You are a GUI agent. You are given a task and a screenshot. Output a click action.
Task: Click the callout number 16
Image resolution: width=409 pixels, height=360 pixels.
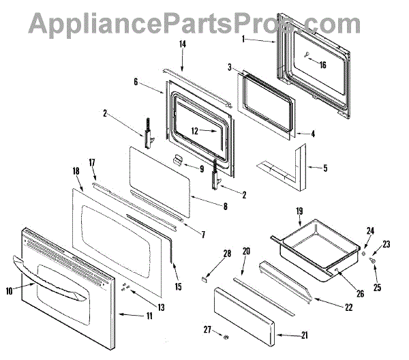tap(322, 65)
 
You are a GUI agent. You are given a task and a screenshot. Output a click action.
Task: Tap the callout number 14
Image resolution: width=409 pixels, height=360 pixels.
tap(182, 44)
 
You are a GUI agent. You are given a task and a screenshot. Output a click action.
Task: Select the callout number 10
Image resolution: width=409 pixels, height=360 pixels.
tap(9, 291)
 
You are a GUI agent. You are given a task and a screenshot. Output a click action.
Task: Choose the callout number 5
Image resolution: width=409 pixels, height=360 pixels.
tap(325, 168)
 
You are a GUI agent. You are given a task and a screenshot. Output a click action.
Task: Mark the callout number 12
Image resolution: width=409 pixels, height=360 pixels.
tap(194, 130)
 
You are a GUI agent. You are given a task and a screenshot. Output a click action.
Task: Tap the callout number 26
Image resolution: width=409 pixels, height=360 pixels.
tap(359, 294)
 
